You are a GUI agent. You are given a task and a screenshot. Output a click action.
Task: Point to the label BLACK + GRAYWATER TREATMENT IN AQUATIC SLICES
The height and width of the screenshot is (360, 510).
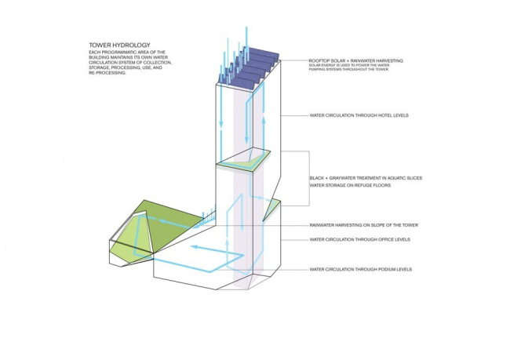[x=366, y=179]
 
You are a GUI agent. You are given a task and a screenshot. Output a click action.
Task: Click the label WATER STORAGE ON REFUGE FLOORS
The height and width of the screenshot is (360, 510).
[x=350, y=186]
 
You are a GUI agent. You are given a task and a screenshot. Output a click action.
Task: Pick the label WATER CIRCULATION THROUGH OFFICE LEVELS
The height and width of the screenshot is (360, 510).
[x=360, y=239]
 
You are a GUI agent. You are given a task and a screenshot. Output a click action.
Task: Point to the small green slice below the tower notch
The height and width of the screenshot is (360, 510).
[x=272, y=208]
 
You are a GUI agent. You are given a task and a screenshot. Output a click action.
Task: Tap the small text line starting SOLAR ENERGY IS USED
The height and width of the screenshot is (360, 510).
[x=345, y=67]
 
